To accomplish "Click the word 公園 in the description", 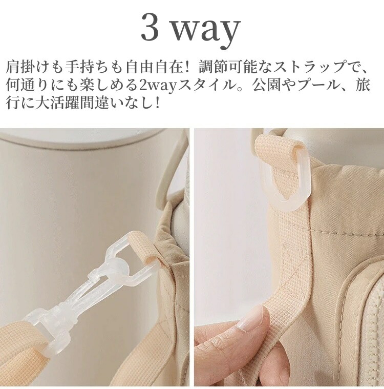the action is (266, 85).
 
